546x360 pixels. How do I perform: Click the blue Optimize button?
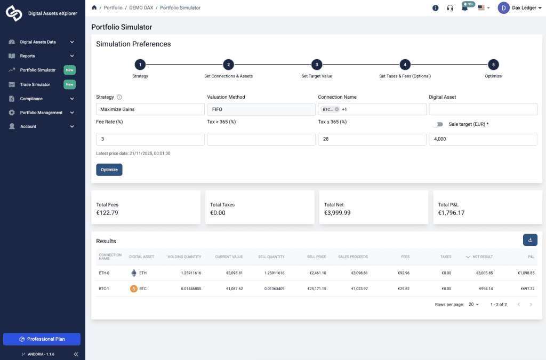click(x=109, y=170)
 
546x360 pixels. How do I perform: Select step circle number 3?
click(x=316, y=65)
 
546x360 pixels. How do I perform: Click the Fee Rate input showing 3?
click(x=150, y=139)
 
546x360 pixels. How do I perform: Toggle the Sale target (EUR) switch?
click(x=437, y=124)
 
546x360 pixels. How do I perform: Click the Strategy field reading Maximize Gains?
click(x=150, y=109)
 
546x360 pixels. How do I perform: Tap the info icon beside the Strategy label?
click(x=119, y=97)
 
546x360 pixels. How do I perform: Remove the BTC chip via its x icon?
click(x=337, y=109)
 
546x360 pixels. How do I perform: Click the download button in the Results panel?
click(x=530, y=240)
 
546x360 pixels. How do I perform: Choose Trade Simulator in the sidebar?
click(x=35, y=84)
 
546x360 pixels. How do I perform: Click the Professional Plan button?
click(x=42, y=339)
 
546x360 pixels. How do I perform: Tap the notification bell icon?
click(x=464, y=8)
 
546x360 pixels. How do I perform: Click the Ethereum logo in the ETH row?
click(x=134, y=273)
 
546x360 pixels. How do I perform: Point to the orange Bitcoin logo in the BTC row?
click(x=134, y=289)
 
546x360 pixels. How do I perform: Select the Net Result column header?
click(x=482, y=257)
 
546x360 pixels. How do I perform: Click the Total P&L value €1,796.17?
click(x=451, y=213)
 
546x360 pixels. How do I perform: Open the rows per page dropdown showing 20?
click(x=473, y=305)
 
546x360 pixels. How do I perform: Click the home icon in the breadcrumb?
click(x=94, y=8)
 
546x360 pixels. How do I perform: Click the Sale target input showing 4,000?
click(x=483, y=139)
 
